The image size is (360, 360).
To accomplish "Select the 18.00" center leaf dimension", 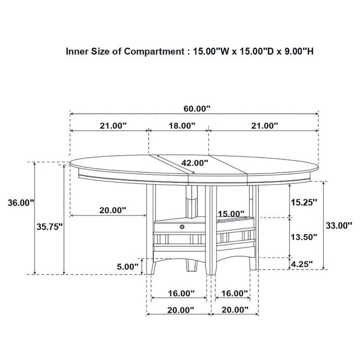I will (x=181, y=125).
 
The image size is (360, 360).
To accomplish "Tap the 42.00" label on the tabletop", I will (x=195, y=163).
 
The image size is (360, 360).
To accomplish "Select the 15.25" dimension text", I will (x=303, y=202).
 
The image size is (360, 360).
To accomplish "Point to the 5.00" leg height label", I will (x=128, y=266).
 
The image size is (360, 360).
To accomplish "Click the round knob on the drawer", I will (x=182, y=225).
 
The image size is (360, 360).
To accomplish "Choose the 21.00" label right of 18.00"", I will (x=264, y=125).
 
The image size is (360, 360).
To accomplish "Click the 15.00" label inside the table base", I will (x=230, y=213).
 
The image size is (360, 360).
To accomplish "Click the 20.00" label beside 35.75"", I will (x=112, y=210).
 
